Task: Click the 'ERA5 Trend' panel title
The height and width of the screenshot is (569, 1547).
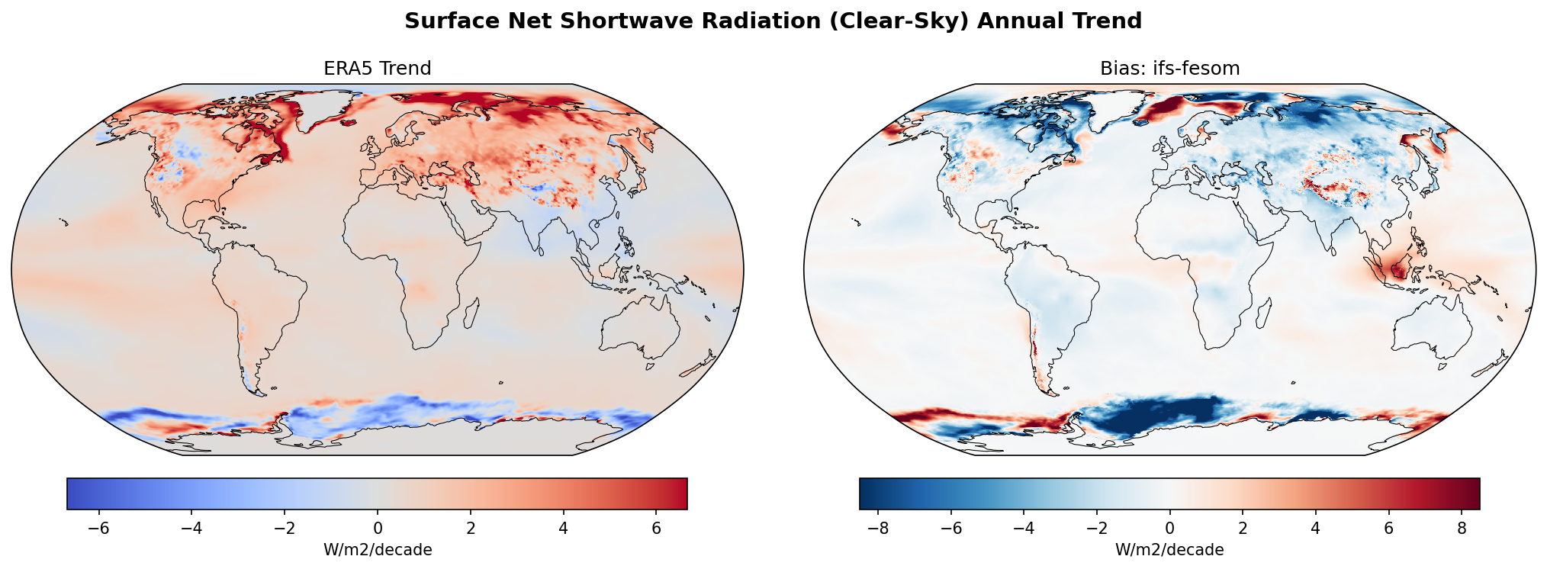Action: (377, 69)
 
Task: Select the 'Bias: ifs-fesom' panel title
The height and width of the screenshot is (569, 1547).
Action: (1169, 69)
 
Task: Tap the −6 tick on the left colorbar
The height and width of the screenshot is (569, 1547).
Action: (99, 529)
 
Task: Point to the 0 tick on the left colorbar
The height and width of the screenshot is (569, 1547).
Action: (378, 529)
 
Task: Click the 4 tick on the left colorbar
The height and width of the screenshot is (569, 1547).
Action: (563, 529)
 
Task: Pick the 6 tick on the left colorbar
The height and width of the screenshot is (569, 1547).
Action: (656, 529)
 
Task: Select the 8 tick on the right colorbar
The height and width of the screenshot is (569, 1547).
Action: (1462, 529)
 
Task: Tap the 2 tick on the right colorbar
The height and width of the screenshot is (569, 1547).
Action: (1243, 529)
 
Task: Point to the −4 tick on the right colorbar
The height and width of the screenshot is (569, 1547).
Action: (1024, 529)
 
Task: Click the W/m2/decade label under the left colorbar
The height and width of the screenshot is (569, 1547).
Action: (378, 550)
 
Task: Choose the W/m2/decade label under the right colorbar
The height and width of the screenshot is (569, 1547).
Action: (1169, 550)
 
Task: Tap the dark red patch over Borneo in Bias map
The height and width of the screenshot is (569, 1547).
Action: (1400, 269)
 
